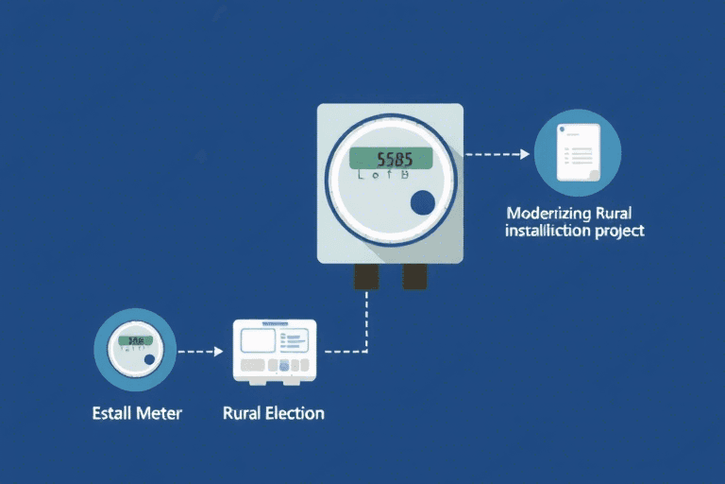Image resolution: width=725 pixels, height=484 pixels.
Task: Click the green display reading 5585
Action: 391,158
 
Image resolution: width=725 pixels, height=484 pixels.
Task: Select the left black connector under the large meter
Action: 366,276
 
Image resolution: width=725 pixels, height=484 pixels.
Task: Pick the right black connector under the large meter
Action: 415,276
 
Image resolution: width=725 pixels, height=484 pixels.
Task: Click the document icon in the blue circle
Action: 577,152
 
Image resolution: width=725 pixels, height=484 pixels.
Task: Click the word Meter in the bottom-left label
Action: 160,413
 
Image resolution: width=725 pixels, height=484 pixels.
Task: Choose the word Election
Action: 295,413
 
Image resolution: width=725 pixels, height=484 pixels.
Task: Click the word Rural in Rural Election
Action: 242,413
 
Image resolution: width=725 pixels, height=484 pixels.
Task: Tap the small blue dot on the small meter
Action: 148,360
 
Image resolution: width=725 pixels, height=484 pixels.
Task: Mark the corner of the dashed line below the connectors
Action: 366,352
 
